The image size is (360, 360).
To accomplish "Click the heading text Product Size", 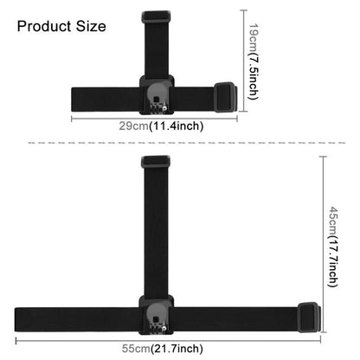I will tap(61, 26).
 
